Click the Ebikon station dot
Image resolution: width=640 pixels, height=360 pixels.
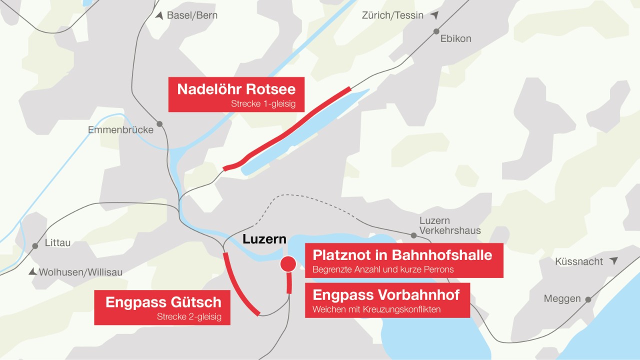pos(436,30)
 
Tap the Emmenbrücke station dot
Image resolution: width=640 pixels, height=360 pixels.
pos(159,123)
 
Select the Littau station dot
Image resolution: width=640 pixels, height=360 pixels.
pos(35,246)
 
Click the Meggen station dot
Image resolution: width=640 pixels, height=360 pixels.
pos(588,299)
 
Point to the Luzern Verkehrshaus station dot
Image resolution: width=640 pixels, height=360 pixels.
pos(413,235)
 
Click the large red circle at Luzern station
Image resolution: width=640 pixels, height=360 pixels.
pos(287,263)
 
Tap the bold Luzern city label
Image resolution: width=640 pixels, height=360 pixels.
pos(264,239)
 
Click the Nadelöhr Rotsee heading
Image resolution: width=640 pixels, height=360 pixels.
pos(236,89)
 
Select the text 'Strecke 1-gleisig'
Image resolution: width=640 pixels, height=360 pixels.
pos(263,104)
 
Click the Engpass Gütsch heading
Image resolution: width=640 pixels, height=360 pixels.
pos(163,302)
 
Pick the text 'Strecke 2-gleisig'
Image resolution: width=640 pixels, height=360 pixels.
pos(189,316)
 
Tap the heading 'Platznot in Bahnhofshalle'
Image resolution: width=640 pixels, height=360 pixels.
pos(402,255)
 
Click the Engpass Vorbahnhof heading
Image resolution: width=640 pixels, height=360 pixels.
pos(386,294)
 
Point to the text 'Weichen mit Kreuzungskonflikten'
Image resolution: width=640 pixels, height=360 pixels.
pos(376,309)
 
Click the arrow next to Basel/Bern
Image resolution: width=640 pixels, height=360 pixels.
pos(159,15)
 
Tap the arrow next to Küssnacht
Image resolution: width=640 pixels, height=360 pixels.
pos(613,261)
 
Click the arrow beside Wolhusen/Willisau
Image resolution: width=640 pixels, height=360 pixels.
pos(32,271)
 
